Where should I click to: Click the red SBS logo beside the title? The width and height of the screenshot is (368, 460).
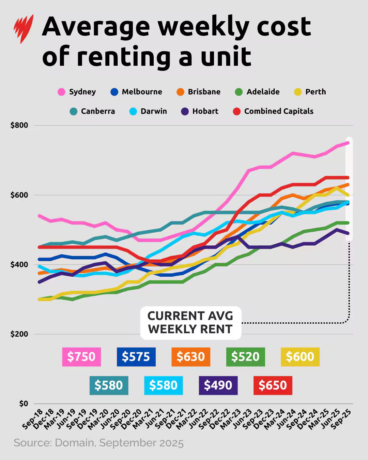23,29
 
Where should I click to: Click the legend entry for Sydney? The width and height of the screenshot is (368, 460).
77,92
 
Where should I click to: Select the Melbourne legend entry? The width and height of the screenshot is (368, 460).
136,92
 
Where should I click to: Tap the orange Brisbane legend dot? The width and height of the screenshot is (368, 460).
180,92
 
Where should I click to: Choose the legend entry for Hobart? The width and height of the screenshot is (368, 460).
200,111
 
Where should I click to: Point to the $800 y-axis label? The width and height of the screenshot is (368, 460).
19,125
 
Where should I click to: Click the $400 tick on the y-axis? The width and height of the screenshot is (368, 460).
19,264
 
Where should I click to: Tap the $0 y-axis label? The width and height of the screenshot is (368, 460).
23,404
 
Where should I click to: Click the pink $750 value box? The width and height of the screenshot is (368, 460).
81,357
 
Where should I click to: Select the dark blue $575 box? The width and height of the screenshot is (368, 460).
136,357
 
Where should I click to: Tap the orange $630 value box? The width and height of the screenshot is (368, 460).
191,357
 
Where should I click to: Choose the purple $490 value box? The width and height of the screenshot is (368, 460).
218,385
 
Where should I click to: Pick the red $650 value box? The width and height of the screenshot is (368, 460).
273,385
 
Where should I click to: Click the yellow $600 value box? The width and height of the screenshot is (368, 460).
300,357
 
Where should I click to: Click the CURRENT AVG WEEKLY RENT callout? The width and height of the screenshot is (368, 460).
190,323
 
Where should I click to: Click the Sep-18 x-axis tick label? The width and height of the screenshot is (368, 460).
33,419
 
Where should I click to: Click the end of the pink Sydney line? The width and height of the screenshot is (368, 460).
348,143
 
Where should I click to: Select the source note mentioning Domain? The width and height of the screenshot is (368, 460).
98,443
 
